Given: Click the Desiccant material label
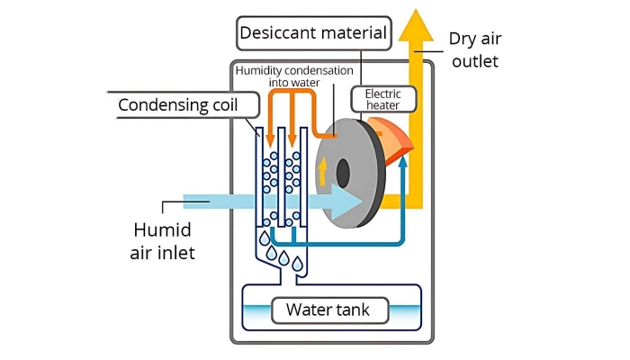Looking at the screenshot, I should [x=314, y=34].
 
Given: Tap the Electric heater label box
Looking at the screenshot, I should [x=388, y=100].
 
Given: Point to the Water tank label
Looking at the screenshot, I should [x=333, y=310].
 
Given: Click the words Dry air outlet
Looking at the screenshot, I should [x=472, y=50].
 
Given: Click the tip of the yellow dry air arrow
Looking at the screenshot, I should [x=416, y=13].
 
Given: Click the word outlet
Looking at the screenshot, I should [x=472, y=62].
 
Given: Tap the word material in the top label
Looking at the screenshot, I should [x=352, y=34].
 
